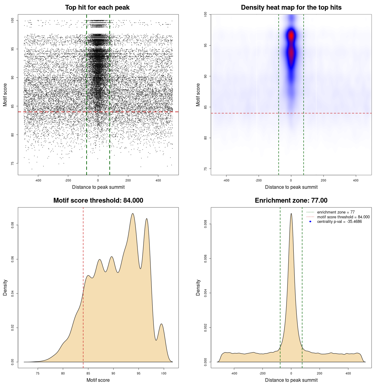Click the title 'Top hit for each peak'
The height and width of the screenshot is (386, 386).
(97, 8)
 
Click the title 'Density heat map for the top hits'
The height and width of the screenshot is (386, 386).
(291, 8)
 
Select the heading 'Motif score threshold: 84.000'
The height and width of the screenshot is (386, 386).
(98, 201)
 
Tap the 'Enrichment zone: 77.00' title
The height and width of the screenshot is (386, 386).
(291, 201)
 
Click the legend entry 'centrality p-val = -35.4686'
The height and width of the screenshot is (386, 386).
(339, 222)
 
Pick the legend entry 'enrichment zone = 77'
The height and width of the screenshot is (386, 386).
(336, 212)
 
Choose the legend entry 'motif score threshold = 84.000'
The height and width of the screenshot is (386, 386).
(343, 217)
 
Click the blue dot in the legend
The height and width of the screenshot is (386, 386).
(310, 222)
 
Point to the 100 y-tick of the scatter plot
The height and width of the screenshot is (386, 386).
(13, 20)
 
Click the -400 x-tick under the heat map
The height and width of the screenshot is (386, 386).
(226, 180)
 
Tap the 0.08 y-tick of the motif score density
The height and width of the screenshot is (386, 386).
(13, 225)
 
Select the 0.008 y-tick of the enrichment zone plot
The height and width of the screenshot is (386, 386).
(206, 224)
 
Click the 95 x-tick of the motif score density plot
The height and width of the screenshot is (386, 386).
(138, 373)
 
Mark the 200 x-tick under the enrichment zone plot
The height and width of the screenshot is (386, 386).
(320, 373)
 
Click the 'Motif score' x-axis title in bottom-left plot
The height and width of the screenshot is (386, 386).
(98, 380)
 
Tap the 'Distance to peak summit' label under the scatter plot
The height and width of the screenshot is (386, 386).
(98, 187)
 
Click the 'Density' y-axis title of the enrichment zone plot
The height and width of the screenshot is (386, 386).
(198, 287)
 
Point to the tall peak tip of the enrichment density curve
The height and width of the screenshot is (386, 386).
(291, 214)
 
